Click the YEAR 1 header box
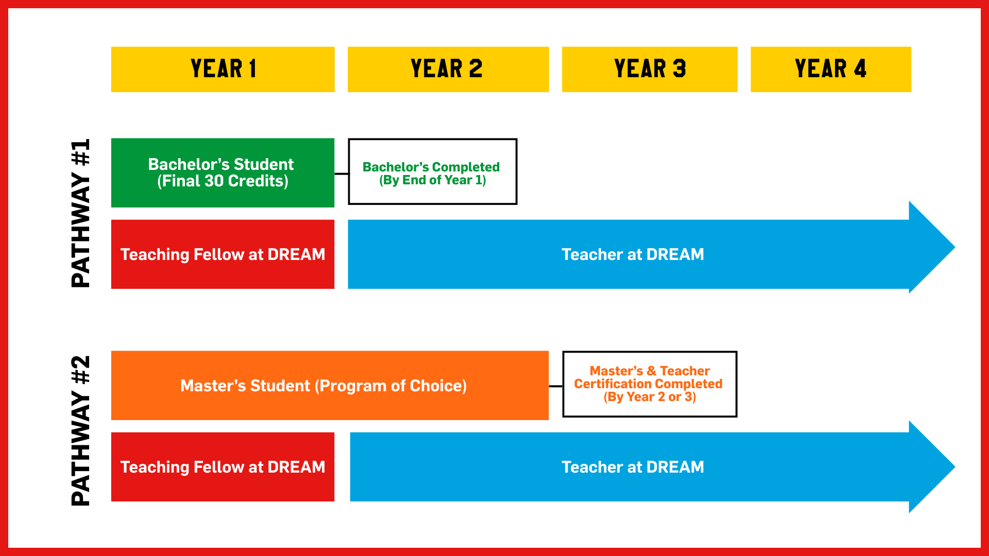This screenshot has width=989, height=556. tap(223, 69)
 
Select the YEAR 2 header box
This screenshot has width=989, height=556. tap(448, 69)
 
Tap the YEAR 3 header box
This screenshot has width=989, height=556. tap(650, 69)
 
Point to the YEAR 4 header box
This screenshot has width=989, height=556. tap(831, 69)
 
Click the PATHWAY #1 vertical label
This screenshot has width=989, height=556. tap(80, 213)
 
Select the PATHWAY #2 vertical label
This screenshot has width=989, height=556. tap(80, 430)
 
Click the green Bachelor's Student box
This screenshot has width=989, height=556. tap(223, 172)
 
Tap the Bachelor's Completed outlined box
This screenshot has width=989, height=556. tap(433, 171)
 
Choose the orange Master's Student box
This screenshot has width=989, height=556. tap(330, 386)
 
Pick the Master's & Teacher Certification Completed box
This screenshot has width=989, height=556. tap(650, 384)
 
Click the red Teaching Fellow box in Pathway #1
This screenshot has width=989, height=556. tap(223, 254)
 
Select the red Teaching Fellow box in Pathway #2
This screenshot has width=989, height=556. tap(223, 467)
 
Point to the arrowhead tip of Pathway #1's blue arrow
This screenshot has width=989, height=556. tap(955, 248)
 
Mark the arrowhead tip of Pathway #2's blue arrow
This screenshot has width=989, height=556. tap(955, 467)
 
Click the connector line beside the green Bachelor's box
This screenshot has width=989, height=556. tap(342, 174)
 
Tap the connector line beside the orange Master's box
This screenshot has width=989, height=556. tap(556, 386)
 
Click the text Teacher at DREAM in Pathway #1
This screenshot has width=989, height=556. tap(633, 254)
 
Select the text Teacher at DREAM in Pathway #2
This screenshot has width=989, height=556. tap(633, 467)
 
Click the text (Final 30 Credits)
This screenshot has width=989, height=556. tap(223, 181)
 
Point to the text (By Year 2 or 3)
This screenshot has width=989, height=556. tap(650, 397)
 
